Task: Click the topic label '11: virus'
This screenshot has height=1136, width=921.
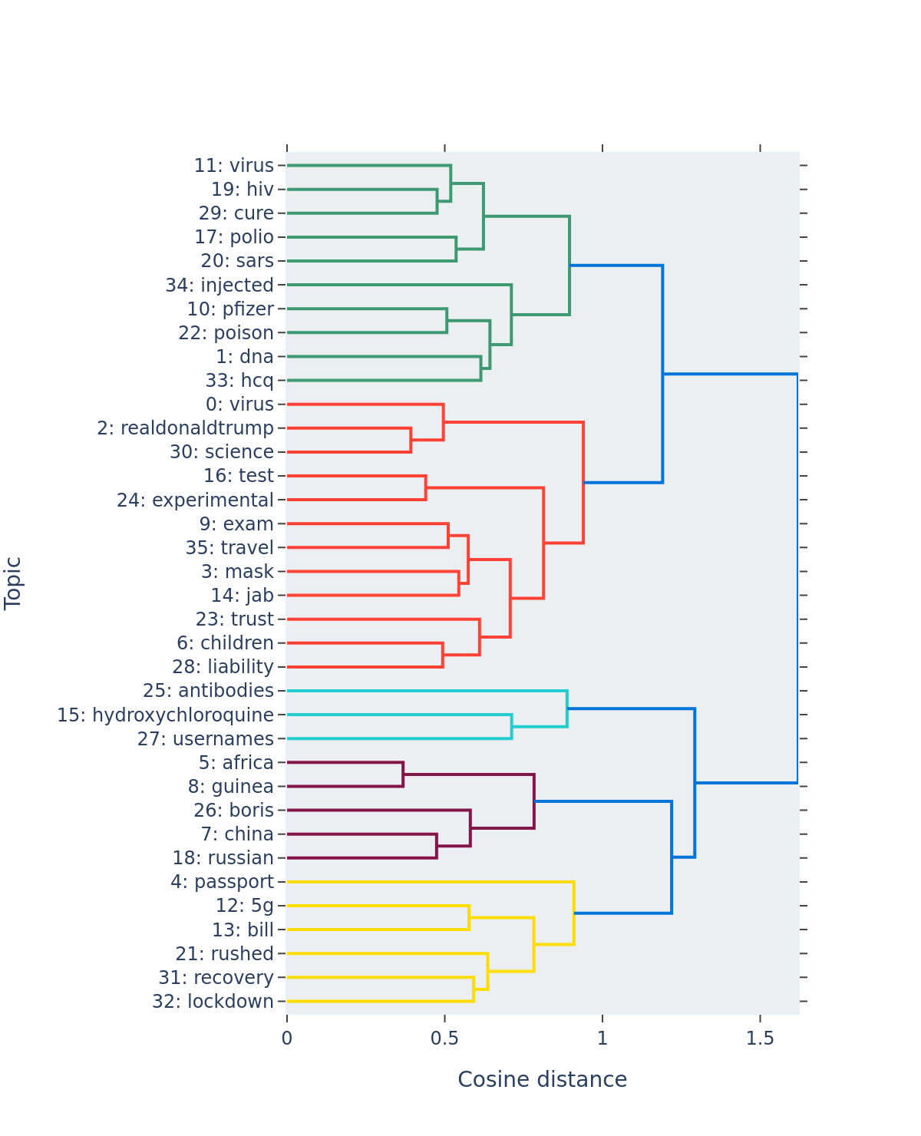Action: pyautogui.click(x=233, y=166)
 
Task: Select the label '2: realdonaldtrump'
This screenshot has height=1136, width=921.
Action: pyautogui.click(x=185, y=428)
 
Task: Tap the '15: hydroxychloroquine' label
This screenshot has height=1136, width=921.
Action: pyautogui.click(x=165, y=715)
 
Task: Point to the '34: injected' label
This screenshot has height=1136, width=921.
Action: pyautogui.click(x=220, y=286)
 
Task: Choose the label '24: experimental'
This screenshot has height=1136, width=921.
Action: pyautogui.click(x=195, y=500)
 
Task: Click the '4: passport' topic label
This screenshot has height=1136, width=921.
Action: pyautogui.click(x=222, y=882)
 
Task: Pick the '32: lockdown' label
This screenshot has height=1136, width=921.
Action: pyautogui.click(x=213, y=1002)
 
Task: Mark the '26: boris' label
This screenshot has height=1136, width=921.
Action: pyautogui.click(x=233, y=811)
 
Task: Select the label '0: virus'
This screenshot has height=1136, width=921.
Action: pyautogui.click(x=239, y=405)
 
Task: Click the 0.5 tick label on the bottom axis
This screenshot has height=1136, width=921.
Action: pyautogui.click(x=444, y=1039)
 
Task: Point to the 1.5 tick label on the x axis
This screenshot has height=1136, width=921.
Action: pyautogui.click(x=760, y=1039)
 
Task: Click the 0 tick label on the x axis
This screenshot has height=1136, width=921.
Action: pyautogui.click(x=287, y=1039)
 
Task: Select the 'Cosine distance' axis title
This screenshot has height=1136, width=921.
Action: pyautogui.click(x=542, y=1080)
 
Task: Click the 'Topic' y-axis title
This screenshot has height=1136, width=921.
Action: pyautogui.click(x=13, y=583)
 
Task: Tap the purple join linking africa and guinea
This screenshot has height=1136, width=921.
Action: pyautogui.click(x=403, y=774)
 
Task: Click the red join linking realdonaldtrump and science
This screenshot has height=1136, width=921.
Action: pyautogui.click(x=411, y=441)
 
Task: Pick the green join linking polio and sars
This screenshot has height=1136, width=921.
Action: pyautogui.click(x=456, y=249)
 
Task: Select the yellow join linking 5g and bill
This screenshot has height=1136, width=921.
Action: pyautogui.click(x=468, y=918)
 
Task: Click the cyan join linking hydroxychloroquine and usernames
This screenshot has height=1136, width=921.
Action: pyautogui.click(x=511, y=727)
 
